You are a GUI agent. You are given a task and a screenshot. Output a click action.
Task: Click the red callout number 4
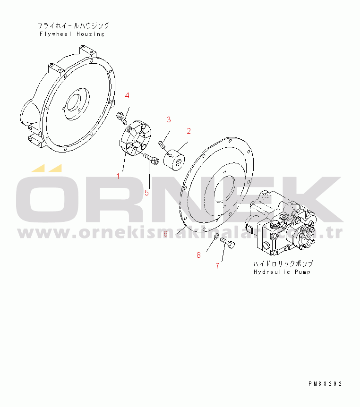pos(127,95)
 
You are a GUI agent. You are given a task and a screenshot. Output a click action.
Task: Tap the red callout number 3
pos(169,119)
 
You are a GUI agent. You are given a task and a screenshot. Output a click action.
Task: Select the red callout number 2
pos(189,131)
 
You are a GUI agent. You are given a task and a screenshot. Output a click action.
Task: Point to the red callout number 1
pos(118,176)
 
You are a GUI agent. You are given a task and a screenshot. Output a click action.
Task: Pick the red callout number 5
pos(147,193)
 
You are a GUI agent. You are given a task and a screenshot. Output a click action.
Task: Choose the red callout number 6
pos(165,234)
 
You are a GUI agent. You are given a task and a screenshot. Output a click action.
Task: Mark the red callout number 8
pos(199,255)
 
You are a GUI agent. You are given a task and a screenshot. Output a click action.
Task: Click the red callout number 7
pos(217,266)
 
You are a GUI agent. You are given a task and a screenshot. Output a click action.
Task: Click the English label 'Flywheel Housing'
pos(72,34)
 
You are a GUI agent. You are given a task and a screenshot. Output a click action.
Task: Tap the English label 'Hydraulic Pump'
pos(282,272)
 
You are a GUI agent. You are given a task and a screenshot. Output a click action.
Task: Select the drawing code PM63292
pos(325,384)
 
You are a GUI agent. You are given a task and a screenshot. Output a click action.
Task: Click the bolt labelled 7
pos(228,243)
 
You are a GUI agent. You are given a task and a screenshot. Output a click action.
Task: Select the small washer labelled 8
pos(216,237)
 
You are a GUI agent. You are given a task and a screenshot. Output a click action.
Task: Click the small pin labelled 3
pos(161,144)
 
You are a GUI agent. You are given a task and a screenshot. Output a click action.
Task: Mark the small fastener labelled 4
pos(122,117)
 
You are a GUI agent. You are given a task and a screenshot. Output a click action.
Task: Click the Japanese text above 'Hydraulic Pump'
pos(283,264)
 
